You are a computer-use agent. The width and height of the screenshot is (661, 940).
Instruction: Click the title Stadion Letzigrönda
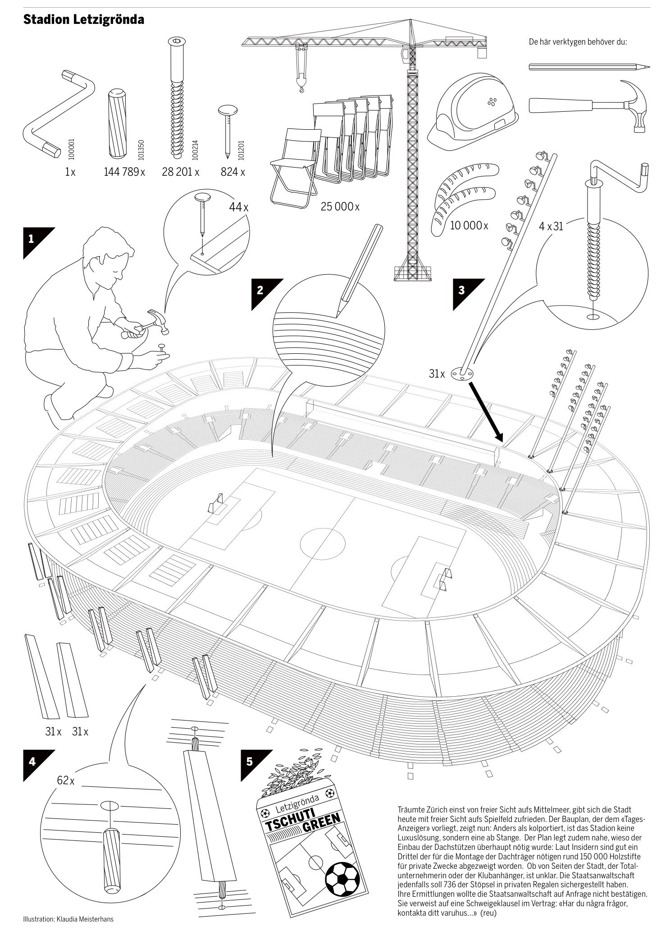pyautogui.click(x=84, y=20)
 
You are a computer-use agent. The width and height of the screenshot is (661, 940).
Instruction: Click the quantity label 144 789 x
pyautogui.click(x=124, y=172)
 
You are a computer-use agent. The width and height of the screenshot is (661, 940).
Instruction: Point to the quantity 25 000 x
pyautogui.click(x=340, y=207)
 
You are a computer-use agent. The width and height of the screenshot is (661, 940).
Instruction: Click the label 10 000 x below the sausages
pyautogui.click(x=469, y=225)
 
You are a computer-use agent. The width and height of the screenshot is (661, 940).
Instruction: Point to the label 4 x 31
pyautogui.click(x=551, y=226)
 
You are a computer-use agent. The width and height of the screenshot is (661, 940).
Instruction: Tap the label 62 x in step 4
pyautogui.click(x=66, y=780)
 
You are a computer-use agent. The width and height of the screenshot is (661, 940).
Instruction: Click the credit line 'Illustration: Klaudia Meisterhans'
pyautogui.click(x=68, y=919)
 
